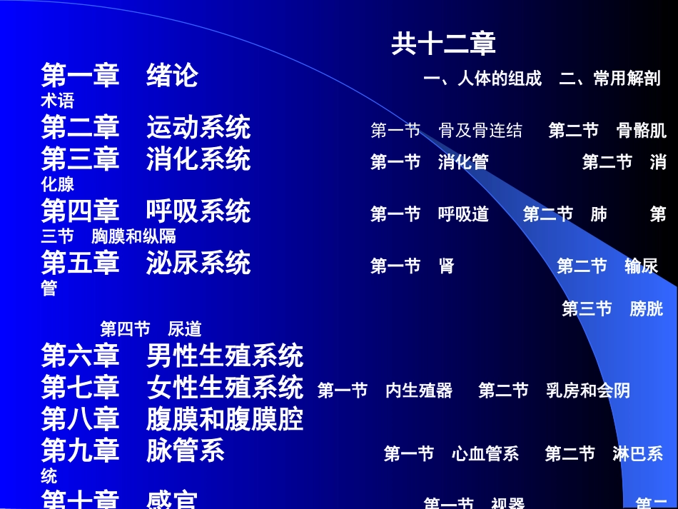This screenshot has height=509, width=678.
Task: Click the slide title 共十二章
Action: click(443, 44)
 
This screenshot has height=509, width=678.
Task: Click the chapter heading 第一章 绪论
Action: click(119, 75)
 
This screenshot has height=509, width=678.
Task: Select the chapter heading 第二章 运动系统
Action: click(146, 127)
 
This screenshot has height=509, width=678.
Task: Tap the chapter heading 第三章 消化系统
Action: click(146, 158)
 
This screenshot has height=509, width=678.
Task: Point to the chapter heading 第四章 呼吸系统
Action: click(146, 211)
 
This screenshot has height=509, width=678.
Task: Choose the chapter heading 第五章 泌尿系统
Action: click(146, 263)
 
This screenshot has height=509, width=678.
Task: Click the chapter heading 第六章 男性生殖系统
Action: click(172, 355)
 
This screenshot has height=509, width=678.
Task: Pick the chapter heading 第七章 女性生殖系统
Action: click(172, 388)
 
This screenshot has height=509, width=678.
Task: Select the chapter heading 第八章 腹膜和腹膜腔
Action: click(172, 419)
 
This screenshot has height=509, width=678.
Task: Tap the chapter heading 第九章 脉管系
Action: click(133, 450)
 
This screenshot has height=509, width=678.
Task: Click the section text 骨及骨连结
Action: click(480, 131)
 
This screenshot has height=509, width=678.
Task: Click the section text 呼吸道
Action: click(463, 214)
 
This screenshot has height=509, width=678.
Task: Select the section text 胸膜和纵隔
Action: click(133, 236)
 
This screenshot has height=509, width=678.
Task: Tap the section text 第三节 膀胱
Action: click(612, 309)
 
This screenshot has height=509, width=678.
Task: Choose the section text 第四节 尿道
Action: click(151, 329)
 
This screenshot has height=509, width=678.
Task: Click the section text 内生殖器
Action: click(419, 390)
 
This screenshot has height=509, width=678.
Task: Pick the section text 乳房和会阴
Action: click(588, 390)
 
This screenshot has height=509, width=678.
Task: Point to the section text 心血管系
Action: click(485, 454)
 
